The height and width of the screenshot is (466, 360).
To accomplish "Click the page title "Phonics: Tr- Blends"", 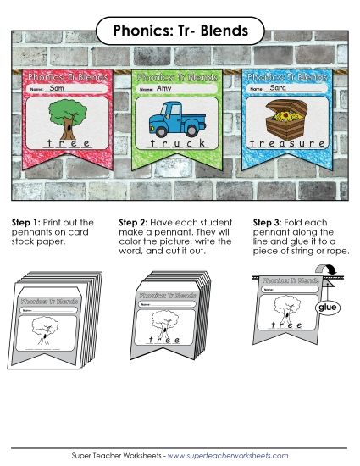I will coord(180,31).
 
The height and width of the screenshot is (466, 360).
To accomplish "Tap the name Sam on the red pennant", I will coord(58,88).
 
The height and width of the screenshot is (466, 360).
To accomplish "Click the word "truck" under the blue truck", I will coord(174,144).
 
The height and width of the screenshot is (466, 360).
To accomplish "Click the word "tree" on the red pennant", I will coord(64,144).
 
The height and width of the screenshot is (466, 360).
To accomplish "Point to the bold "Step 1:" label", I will coord(25,223).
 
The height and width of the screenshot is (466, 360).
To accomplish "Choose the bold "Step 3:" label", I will coord(269,223).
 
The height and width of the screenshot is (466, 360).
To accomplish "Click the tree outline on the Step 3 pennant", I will coord(287,308).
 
